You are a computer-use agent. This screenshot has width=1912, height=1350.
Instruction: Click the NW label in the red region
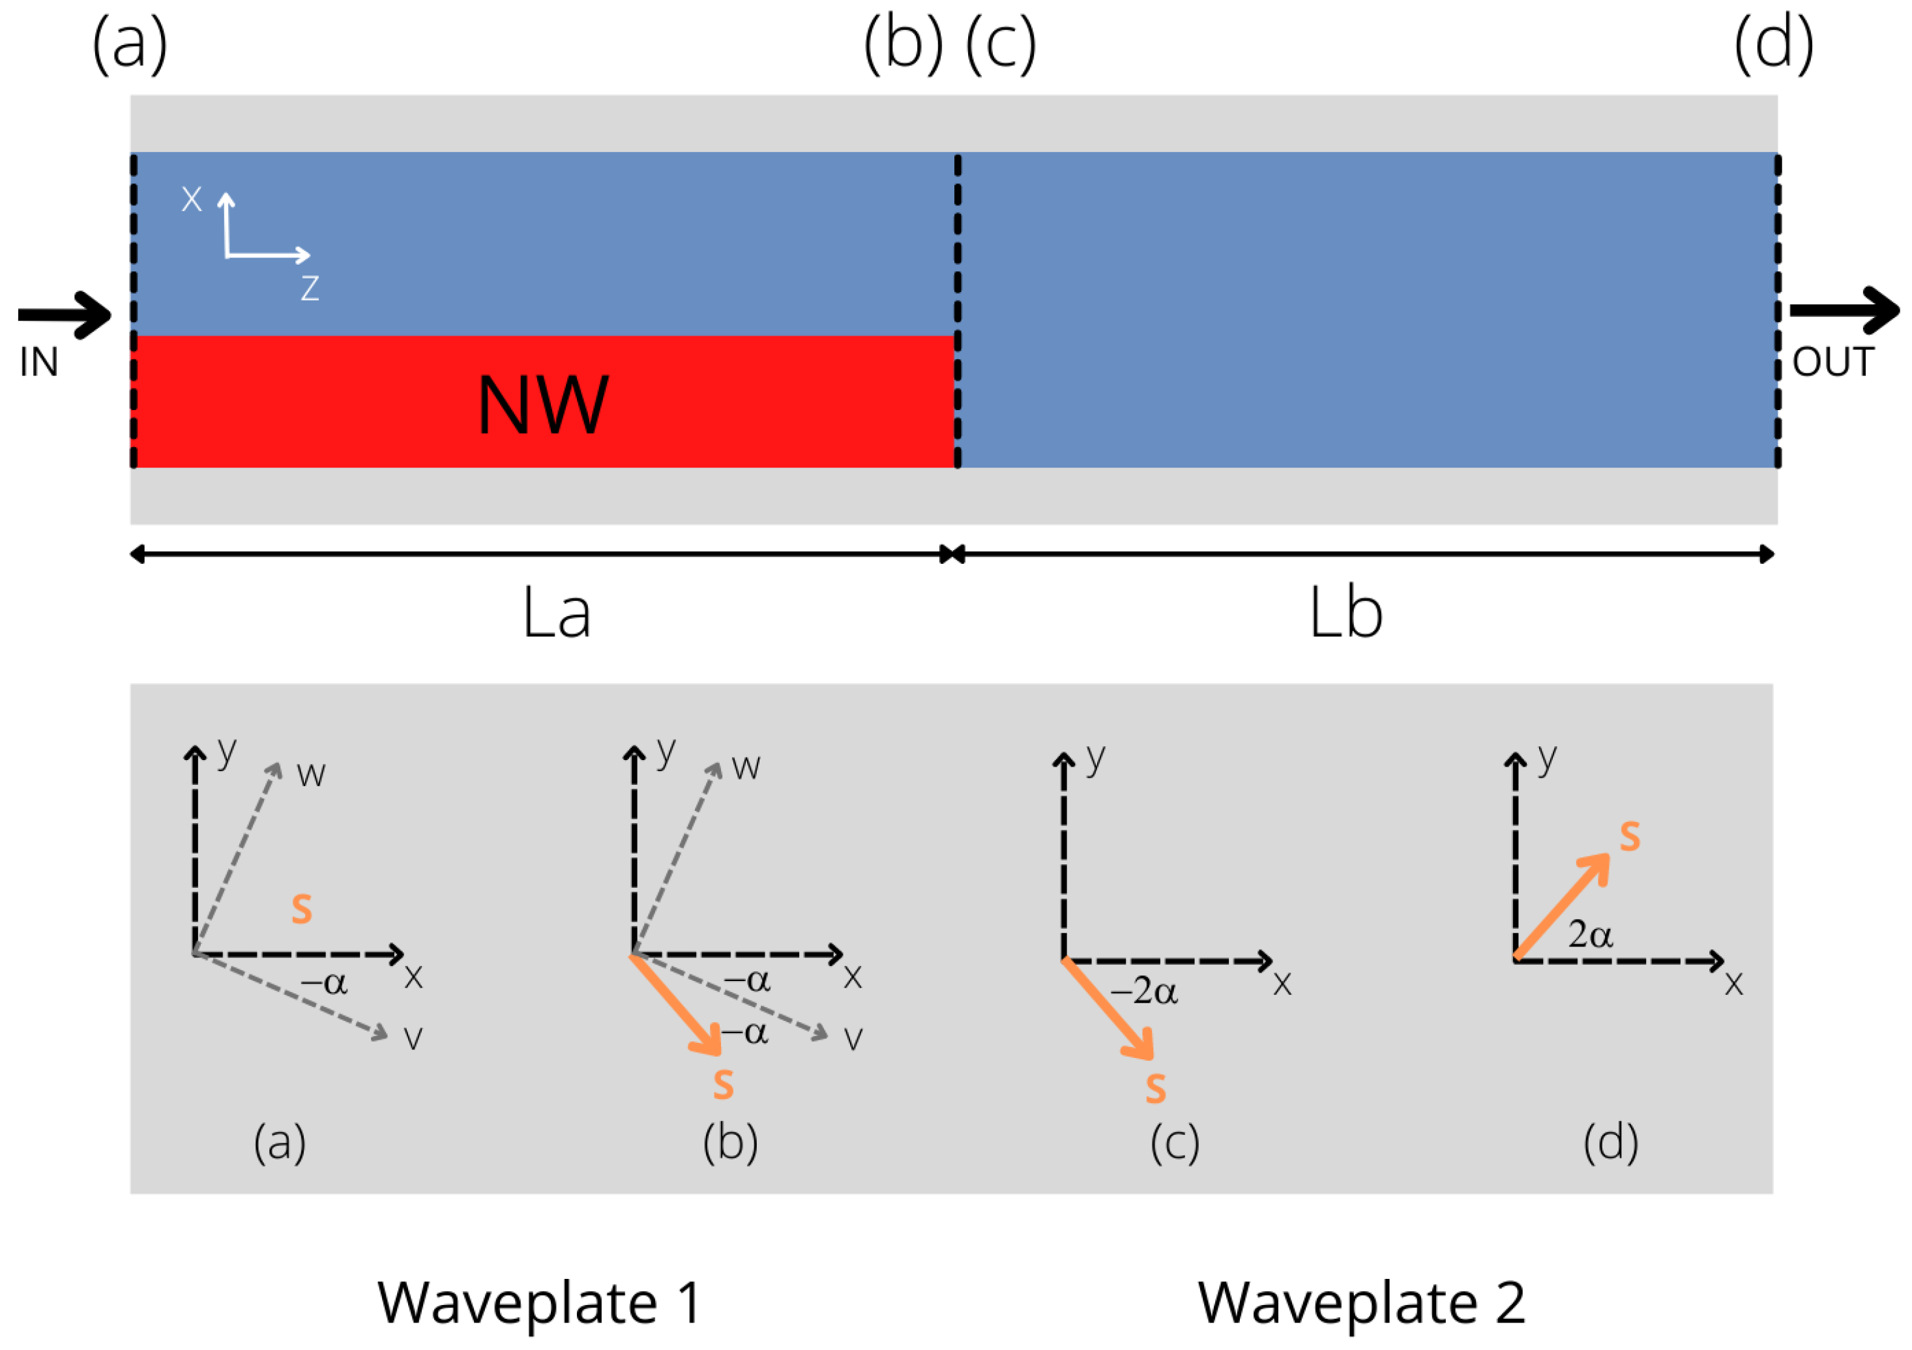[x=543, y=405]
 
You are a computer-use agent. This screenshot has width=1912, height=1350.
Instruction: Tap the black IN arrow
[x=65, y=315]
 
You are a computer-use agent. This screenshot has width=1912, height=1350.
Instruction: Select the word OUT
[x=1833, y=362]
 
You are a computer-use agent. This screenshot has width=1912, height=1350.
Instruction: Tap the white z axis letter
[x=310, y=288]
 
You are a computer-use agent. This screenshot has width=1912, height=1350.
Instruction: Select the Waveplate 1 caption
[x=540, y=1302]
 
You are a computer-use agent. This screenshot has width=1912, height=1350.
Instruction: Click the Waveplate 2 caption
[x=1362, y=1302]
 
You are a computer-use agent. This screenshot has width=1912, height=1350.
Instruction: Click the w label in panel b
[x=746, y=767]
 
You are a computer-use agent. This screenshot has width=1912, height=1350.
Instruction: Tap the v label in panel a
[x=413, y=1038]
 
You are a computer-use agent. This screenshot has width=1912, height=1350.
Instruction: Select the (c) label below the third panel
[x=1175, y=1143]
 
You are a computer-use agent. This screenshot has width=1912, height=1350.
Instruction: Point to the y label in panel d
[x=1547, y=758]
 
